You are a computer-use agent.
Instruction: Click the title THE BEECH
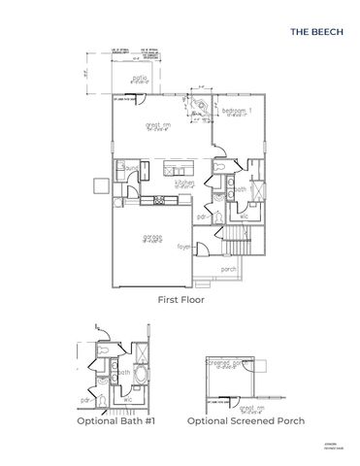pos(313,31)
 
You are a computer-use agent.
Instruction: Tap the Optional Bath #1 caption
pos(117,421)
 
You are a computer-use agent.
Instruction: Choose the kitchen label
pos(183,182)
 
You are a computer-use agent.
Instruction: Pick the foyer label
pos(184,247)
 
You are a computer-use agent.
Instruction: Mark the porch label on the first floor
pos(229,269)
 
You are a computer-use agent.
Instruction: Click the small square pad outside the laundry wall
pos(98,184)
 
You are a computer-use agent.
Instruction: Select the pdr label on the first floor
pos(202,217)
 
